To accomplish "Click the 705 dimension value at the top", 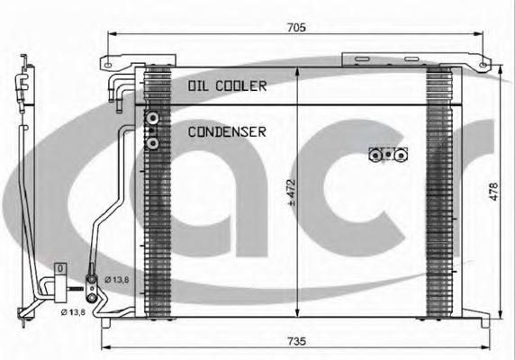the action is click(x=296, y=27).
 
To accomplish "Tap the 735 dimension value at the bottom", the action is click(x=296, y=341).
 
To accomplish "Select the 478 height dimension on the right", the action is click(x=493, y=192).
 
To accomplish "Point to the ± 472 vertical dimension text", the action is click(x=292, y=193).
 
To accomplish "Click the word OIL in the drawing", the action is click(x=199, y=86).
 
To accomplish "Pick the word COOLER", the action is click(x=241, y=86).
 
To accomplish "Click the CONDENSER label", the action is click(x=227, y=132).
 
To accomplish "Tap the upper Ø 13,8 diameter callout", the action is click(x=117, y=280).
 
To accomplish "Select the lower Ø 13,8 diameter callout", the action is click(x=73, y=312).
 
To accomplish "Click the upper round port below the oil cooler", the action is click(x=153, y=118).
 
